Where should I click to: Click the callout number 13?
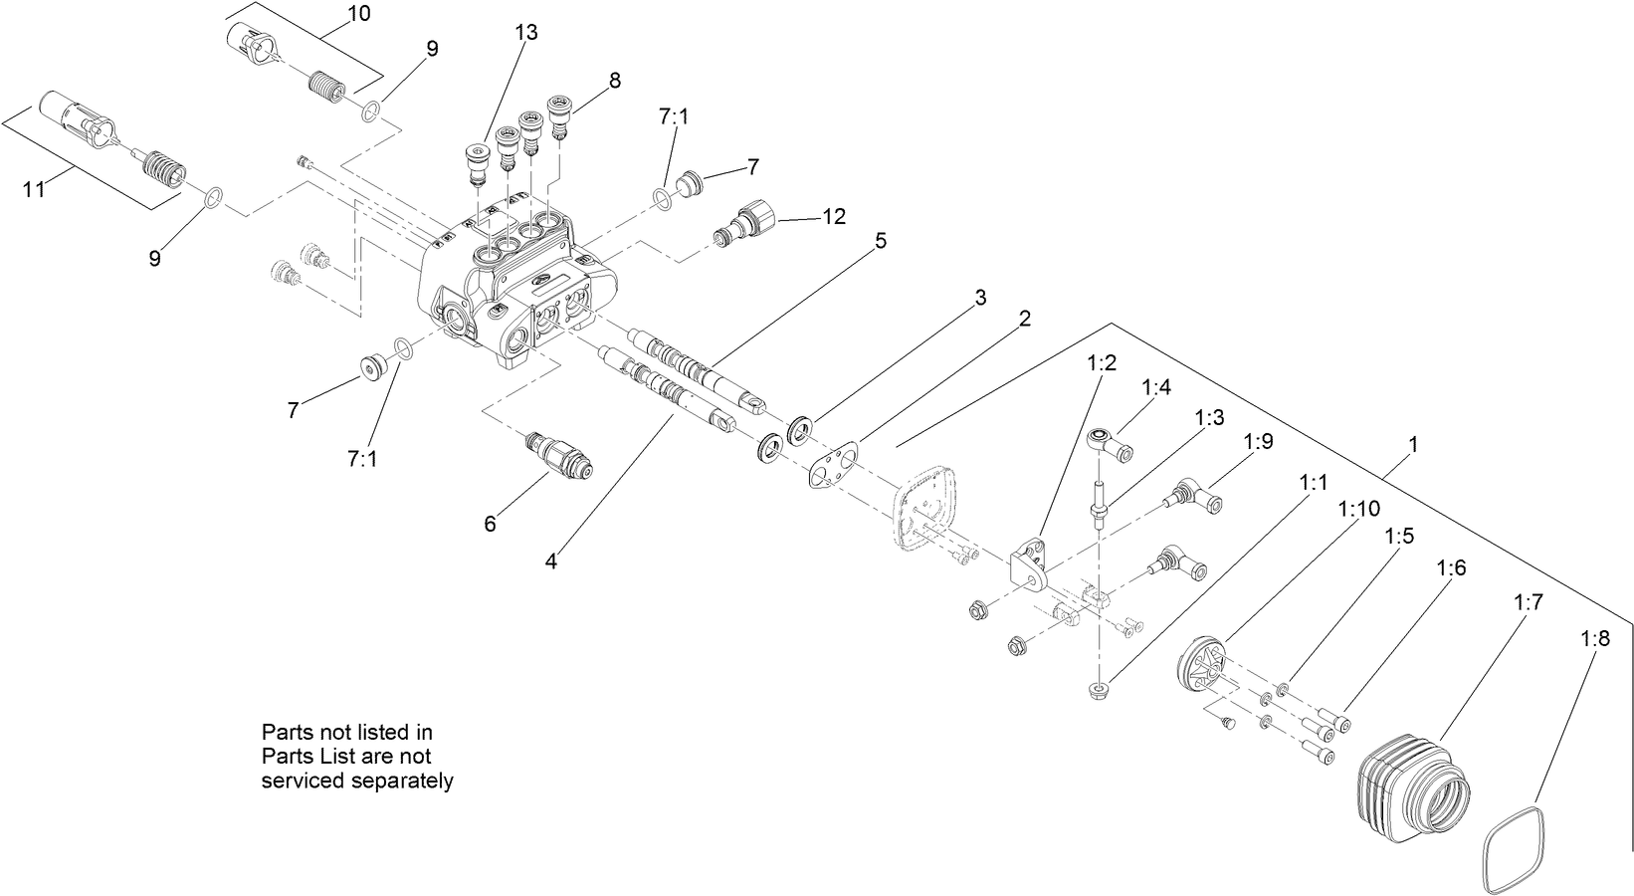tap(526, 33)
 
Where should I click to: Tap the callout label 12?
tap(834, 216)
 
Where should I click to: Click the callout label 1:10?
tap(1358, 509)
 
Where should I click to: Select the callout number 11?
tap(35, 189)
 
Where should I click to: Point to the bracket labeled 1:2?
tap(1027, 565)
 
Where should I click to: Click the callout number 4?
tap(551, 560)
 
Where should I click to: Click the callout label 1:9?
tap(1258, 442)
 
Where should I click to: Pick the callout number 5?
tap(880, 241)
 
